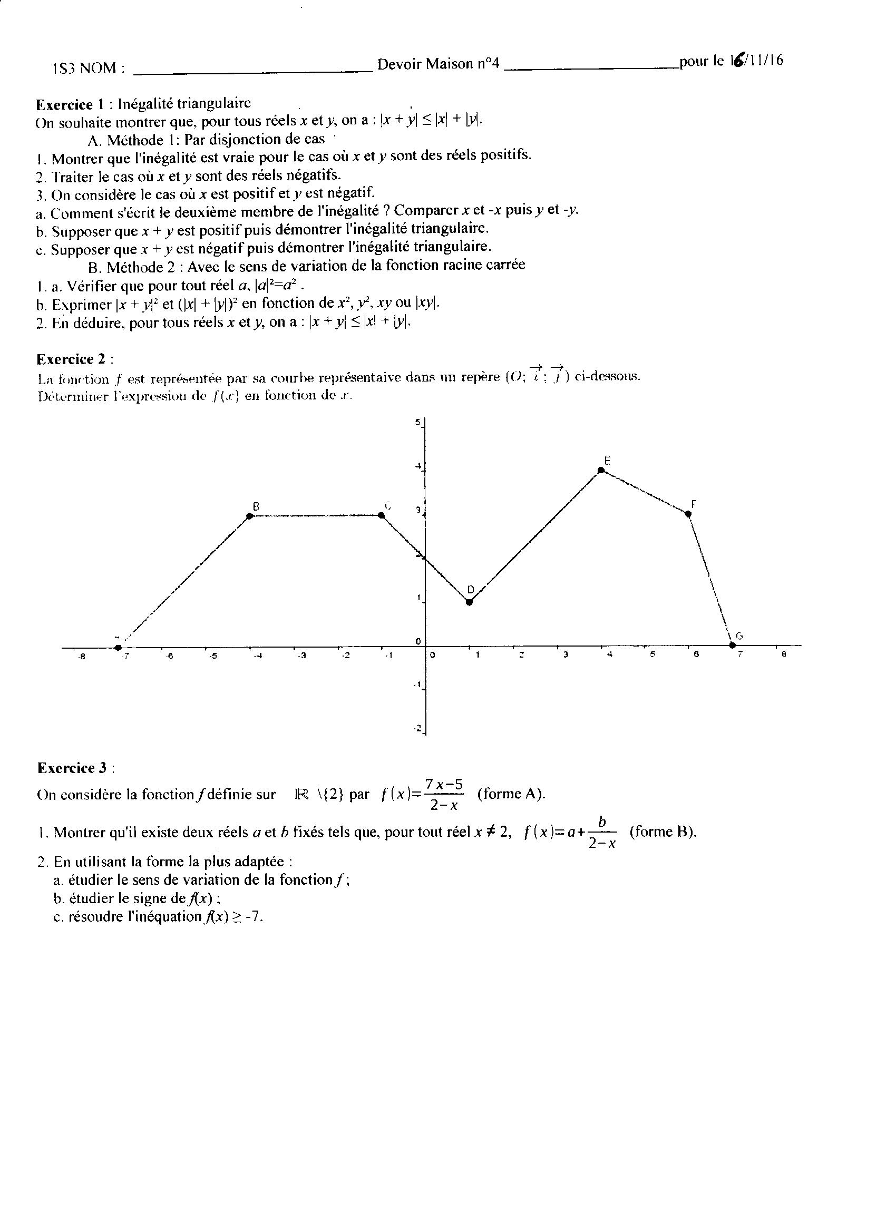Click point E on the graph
click(x=601, y=470)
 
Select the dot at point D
click(x=470, y=601)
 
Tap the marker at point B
click(x=250, y=515)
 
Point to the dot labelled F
click(x=689, y=514)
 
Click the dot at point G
click(x=732, y=646)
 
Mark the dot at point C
click(x=382, y=515)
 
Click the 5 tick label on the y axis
click(x=417, y=422)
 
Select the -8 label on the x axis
click(x=82, y=656)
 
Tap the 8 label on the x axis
click(x=784, y=654)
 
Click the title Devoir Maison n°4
click(x=438, y=64)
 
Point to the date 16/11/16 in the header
click(x=756, y=60)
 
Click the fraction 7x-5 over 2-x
click(x=443, y=794)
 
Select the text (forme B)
click(x=663, y=832)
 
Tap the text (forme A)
click(x=511, y=794)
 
